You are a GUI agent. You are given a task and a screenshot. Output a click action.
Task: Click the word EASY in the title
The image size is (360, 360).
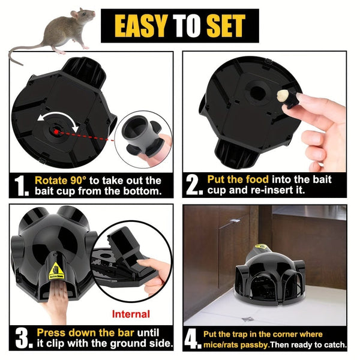[x=137, y=25]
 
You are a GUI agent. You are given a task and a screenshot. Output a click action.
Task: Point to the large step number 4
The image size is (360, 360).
[x=193, y=338]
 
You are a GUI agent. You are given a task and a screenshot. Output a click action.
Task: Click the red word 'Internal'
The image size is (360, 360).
[x=131, y=314]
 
